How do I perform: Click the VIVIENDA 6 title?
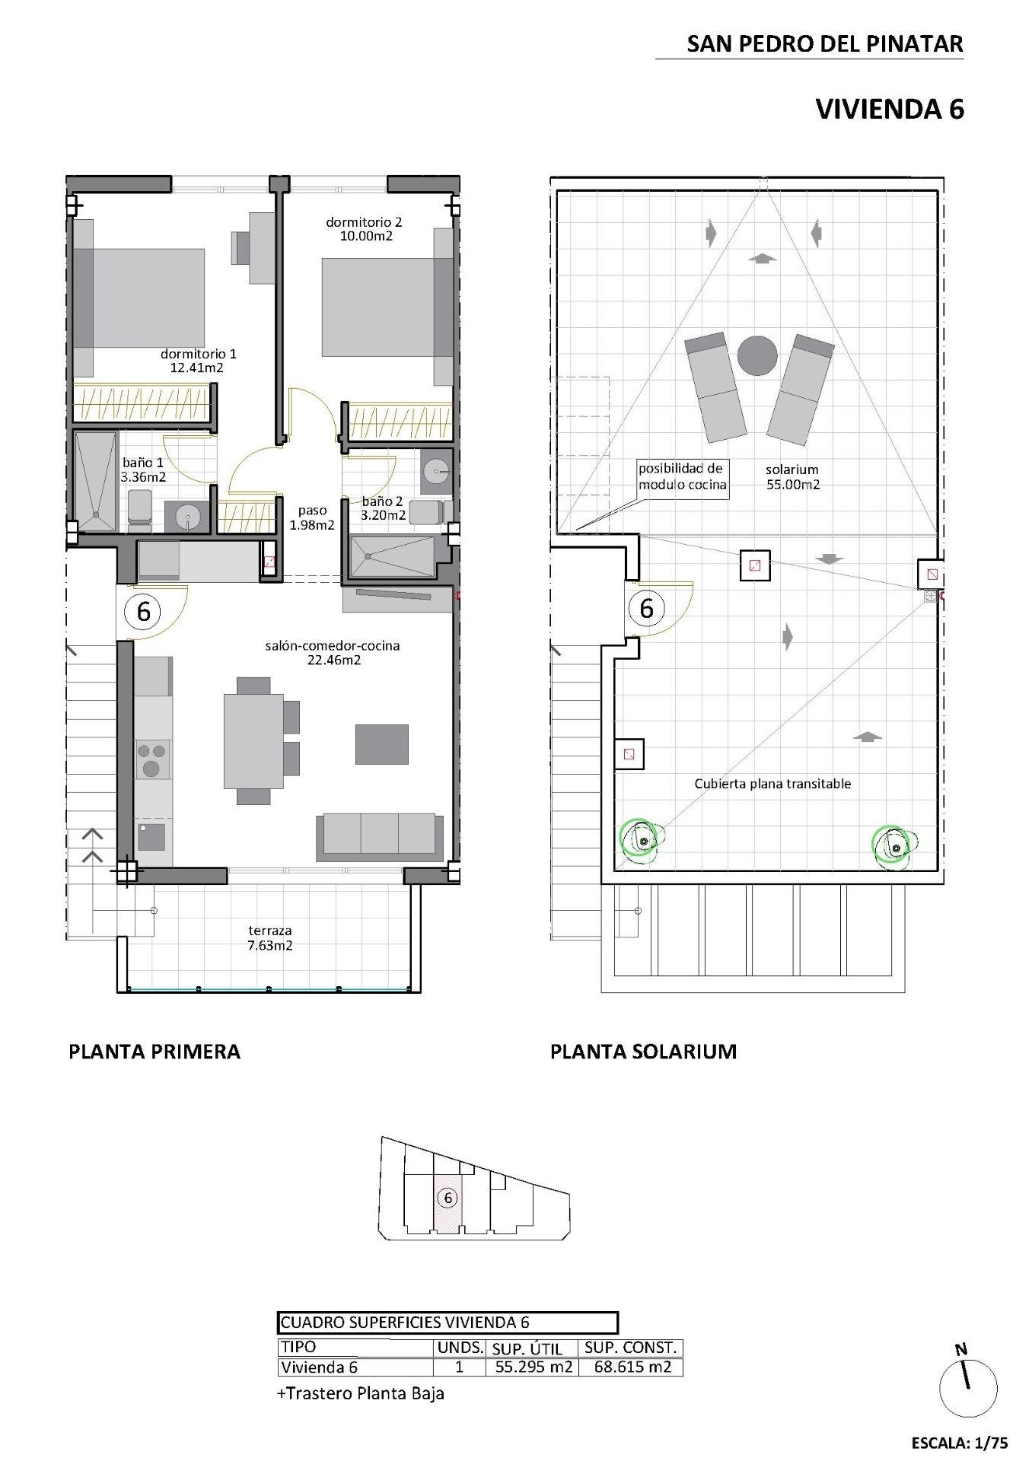[889, 110]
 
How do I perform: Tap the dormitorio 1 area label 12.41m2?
[197, 368]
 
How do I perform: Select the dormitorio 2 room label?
[363, 222]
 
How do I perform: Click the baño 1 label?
[143, 463]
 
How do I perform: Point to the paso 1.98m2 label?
[312, 518]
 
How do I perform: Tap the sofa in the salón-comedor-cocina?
[380, 835]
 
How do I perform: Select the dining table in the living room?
[253, 740]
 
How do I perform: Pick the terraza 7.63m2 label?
[270, 938]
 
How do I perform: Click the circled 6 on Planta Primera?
[144, 611]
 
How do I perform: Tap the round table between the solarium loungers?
[757, 356]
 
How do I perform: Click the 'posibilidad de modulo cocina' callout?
[682, 477]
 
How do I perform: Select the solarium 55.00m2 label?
[792, 477]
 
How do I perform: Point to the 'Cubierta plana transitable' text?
[772, 784]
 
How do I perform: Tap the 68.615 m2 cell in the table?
[630, 1367]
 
